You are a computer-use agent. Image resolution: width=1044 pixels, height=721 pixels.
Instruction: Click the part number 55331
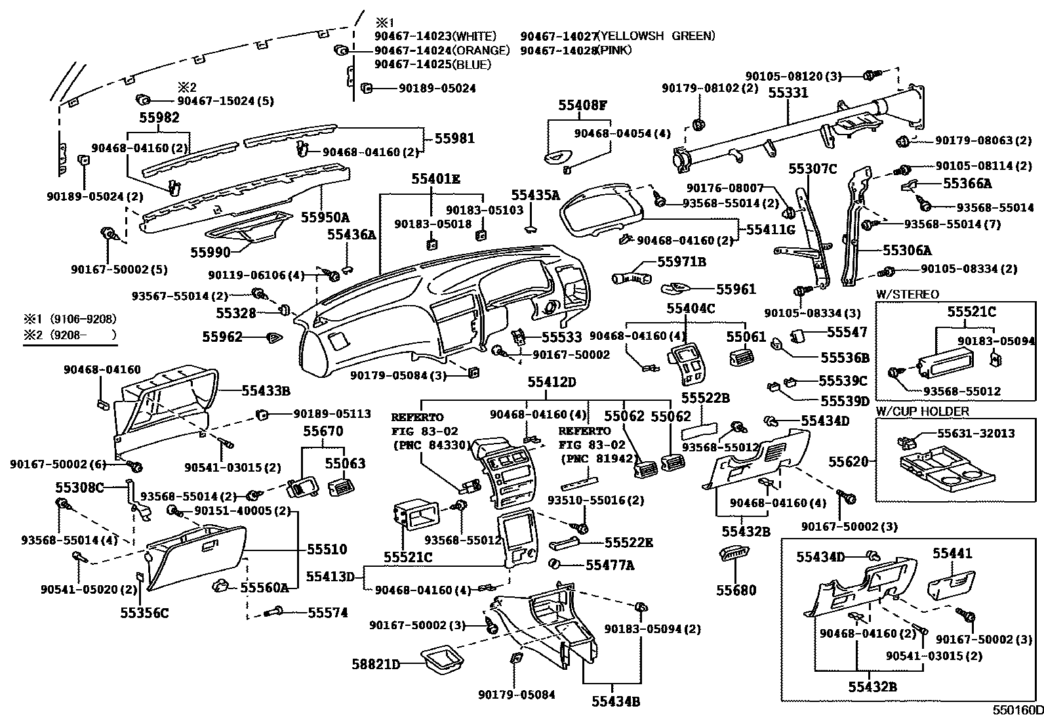click(x=788, y=94)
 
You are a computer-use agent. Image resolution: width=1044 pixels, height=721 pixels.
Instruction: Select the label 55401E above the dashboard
click(x=436, y=178)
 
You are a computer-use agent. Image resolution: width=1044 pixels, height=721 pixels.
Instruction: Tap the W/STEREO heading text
click(x=907, y=295)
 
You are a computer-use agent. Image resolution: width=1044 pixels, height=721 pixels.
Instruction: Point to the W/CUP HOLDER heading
click(x=922, y=411)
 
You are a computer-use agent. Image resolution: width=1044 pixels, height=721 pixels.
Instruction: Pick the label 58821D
click(x=377, y=665)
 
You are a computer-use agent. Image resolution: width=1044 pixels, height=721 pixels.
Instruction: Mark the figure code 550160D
click(x=1016, y=710)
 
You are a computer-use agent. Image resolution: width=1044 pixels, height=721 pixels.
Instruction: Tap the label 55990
click(x=211, y=253)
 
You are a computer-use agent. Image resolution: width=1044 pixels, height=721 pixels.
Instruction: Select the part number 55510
click(x=327, y=549)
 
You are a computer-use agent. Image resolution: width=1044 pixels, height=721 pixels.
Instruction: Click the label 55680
click(x=736, y=590)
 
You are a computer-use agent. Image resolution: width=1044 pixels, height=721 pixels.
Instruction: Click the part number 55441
click(x=952, y=554)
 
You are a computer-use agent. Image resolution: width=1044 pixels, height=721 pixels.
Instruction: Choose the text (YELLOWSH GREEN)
click(x=656, y=36)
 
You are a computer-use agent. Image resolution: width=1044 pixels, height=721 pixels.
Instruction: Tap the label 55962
click(x=222, y=337)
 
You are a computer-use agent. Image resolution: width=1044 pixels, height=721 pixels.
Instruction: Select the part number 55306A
click(x=907, y=250)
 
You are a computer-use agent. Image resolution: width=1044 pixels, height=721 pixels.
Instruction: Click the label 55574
click(x=328, y=613)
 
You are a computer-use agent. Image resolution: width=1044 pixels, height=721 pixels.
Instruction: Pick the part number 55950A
click(x=325, y=218)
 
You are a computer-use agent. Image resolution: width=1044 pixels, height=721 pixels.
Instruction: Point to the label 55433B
click(x=266, y=391)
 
